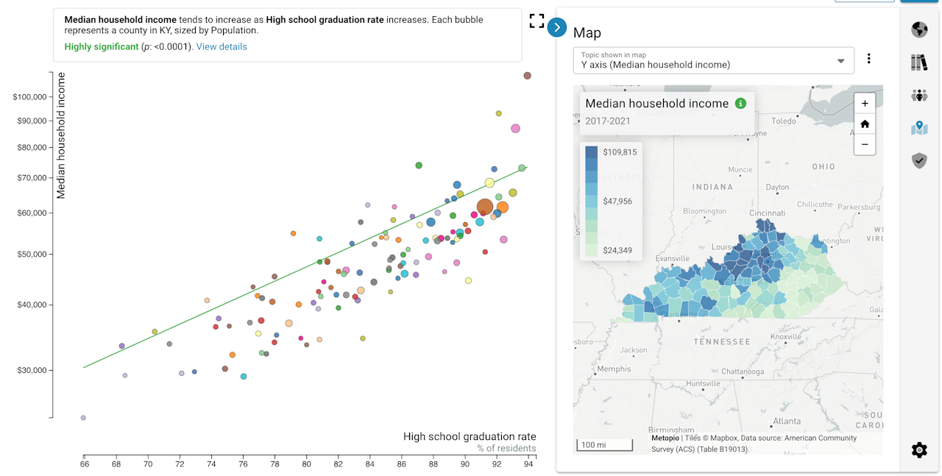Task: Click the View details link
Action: click(222, 47)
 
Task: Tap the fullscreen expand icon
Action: click(536, 21)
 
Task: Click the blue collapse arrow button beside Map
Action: click(557, 27)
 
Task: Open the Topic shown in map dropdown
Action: click(712, 60)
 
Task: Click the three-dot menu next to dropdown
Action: click(868, 59)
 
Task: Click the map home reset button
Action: click(865, 124)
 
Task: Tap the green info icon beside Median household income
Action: click(740, 104)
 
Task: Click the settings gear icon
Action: click(919, 450)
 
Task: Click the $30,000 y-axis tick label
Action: click(32, 370)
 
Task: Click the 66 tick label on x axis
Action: click(85, 464)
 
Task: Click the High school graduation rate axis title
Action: click(470, 436)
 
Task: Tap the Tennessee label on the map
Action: click(722, 341)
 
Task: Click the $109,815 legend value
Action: click(620, 152)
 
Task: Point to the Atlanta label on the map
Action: click(787, 421)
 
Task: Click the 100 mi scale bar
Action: click(604, 444)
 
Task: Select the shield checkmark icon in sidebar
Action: click(919, 160)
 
